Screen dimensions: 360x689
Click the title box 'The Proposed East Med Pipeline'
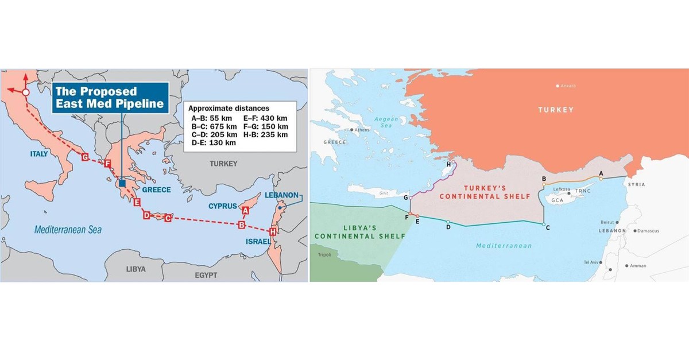[110, 98]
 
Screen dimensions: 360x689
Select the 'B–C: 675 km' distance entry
[211, 126]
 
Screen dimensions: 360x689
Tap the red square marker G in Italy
[85, 157]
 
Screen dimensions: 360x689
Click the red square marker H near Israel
[272, 231]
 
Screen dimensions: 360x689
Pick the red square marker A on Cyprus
[245, 210]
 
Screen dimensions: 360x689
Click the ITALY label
[39, 154]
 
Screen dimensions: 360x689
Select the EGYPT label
[206, 276]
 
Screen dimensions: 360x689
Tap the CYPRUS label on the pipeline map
[222, 206]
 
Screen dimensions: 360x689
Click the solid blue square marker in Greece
[122, 183]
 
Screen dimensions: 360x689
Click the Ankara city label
[567, 86]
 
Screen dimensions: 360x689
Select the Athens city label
[362, 130]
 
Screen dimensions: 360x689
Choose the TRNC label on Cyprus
[583, 190]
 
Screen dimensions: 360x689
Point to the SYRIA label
[636, 185]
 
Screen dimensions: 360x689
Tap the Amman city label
[637, 266]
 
